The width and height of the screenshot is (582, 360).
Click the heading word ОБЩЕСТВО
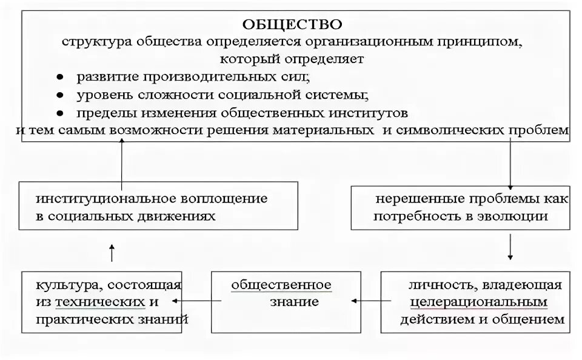pyautogui.click(x=292, y=25)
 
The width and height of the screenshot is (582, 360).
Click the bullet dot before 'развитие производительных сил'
pyautogui.click(x=60, y=78)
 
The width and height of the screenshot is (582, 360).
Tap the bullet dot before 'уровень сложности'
pyautogui.click(x=60, y=96)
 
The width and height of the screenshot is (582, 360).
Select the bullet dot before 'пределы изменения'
pyautogui.click(x=60, y=113)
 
